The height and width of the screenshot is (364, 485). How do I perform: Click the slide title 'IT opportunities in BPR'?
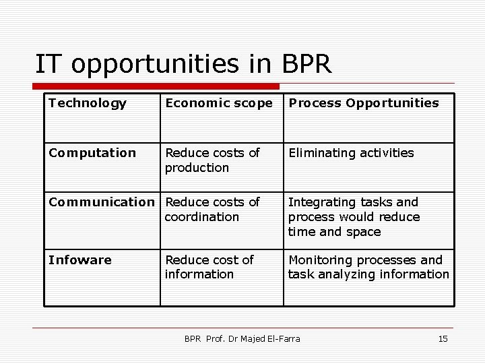point(183,64)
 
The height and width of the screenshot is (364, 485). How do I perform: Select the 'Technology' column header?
point(88,103)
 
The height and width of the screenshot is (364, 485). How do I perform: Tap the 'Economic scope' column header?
point(219,103)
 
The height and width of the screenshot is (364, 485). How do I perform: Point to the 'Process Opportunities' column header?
point(363,103)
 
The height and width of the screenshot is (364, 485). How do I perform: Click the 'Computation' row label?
point(92,153)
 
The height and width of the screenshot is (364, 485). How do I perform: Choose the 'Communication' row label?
point(102,202)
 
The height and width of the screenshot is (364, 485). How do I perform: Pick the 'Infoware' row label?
point(80,260)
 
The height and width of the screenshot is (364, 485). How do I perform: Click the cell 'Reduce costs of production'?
point(212,160)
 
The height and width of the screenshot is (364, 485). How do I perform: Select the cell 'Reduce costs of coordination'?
point(212,210)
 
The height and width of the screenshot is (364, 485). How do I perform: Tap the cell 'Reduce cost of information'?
point(209,267)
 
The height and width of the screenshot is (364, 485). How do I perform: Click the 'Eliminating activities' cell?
point(351,153)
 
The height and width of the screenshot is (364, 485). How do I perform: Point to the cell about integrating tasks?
point(354,216)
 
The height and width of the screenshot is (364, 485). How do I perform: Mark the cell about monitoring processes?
point(368,267)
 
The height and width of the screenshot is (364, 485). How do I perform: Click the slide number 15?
point(443,338)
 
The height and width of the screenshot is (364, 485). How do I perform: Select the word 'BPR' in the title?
point(307,64)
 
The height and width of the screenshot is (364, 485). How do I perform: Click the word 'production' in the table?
point(197,168)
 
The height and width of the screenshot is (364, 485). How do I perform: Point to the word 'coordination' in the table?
point(202,217)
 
